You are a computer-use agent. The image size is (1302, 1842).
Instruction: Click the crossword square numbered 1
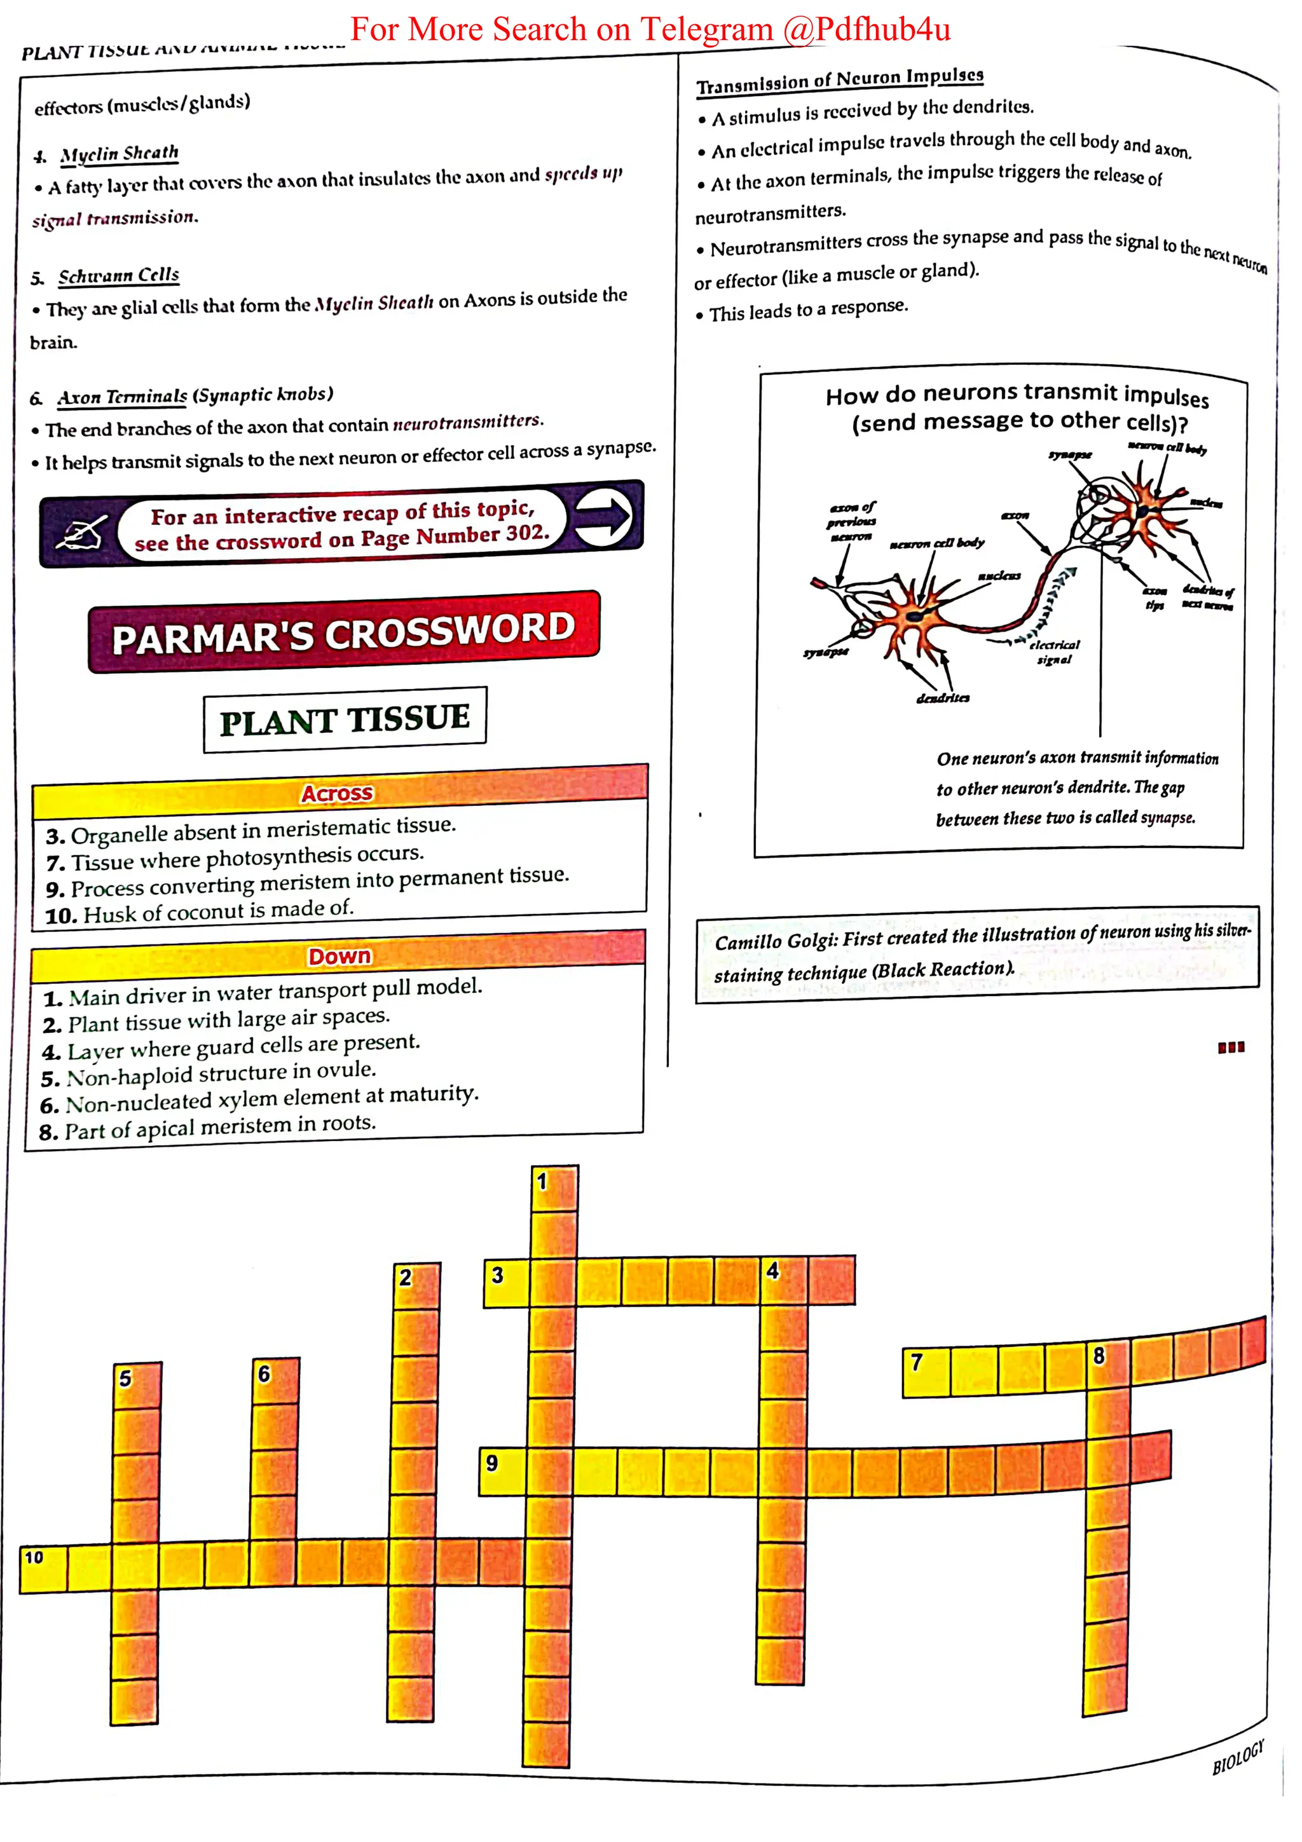[554, 1188]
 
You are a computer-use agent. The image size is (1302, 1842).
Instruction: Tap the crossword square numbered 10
[43, 1567]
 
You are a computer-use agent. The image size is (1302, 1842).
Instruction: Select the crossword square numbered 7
[926, 1373]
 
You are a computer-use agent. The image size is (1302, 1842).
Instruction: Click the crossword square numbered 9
[502, 1471]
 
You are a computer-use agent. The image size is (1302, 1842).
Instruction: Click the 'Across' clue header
[337, 793]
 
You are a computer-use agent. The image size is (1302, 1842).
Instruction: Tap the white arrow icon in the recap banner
[603, 517]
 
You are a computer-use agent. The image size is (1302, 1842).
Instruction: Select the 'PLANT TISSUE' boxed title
[345, 719]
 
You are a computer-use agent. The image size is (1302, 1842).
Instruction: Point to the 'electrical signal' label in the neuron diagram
[1054, 652]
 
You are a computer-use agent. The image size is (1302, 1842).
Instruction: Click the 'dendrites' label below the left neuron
[943, 698]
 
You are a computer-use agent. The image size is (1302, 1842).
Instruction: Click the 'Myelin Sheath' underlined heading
[119, 153]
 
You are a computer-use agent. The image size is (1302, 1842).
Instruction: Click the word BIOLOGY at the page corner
[1238, 1757]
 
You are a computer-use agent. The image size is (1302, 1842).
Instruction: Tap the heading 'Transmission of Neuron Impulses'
[839, 80]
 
